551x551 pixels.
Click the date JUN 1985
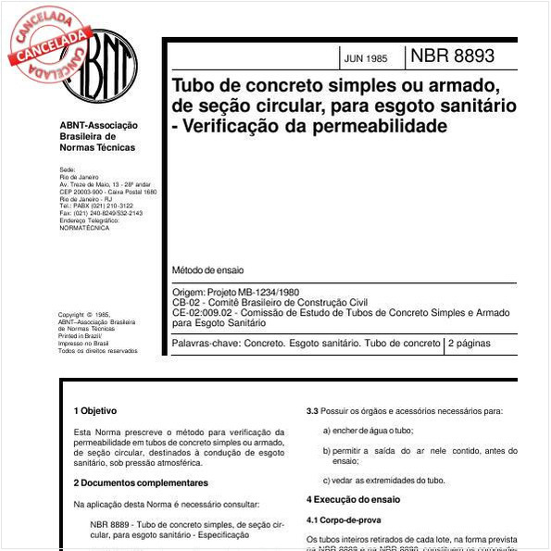[x=365, y=58]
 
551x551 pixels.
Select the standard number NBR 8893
[x=452, y=56]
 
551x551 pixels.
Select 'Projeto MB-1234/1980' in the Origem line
[x=258, y=292]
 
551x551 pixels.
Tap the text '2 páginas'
[x=473, y=344]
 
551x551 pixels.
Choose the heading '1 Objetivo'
[x=95, y=410]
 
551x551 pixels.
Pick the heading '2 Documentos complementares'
[x=141, y=482]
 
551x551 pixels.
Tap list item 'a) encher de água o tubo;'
[x=368, y=431]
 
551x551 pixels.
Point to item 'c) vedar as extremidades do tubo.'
[x=383, y=480]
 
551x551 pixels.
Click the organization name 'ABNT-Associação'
[x=98, y=126]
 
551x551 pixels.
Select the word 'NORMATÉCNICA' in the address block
[x=84, y=227]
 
